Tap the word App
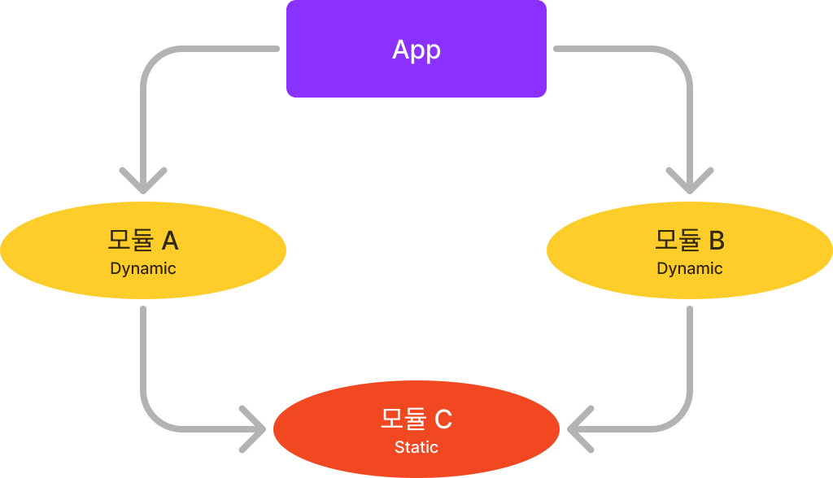[x=416, y=50]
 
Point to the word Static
[x=416, y=447]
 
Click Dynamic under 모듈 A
[x=143, y=268]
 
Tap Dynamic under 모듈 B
[x=690, y=268]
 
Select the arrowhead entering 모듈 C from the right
[x=579, y=428]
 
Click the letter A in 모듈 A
[x=170, y=241]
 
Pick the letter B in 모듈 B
[x=717, y=241]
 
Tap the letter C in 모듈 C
[x=443, y=419]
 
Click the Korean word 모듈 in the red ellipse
[x=403, y=419]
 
